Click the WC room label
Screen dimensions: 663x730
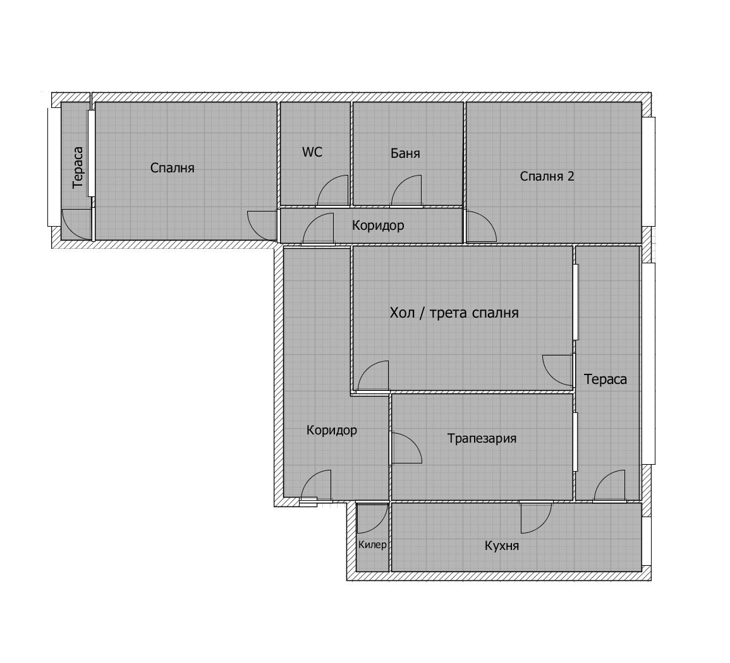pos(312,152)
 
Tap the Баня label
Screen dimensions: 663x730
pos(405,153)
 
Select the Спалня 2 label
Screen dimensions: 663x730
pos(547,176)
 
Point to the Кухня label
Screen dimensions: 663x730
pos(502,546)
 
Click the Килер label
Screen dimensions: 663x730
pos(372,545)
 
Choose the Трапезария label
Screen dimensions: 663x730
pos(482,438)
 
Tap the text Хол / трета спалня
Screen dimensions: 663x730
pos(454,313)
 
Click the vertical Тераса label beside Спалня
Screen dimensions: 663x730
pos(78,169)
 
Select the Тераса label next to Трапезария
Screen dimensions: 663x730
pos(605,379)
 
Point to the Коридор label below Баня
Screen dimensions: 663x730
pos(378,225)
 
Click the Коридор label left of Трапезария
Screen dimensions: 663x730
pos(332,431)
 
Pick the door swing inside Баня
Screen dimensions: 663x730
pos(406,192)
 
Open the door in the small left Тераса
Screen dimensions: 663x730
pos(76,225)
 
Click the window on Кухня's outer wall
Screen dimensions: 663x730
pos(646,541)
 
